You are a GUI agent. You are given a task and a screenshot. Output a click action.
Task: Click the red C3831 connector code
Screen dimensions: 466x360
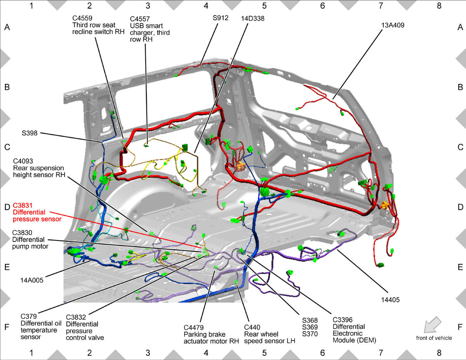click(x=23, y=205)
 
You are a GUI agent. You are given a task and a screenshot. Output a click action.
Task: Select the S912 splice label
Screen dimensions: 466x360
click(x=221, y=18)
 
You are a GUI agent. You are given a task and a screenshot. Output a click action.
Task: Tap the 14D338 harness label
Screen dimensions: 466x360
click(x=253, y=18)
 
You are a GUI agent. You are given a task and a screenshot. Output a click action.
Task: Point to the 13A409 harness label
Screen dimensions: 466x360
click(x=393, y=25)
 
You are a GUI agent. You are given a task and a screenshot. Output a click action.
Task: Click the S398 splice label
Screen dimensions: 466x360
click(x=30, y=133)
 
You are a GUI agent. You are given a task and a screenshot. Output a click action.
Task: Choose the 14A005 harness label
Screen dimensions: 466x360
click(x=32, y=280)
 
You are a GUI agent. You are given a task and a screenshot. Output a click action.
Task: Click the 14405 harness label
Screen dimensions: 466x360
click(x=390, y=300)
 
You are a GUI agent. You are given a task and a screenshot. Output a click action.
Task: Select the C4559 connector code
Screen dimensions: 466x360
click(x=82, y=18)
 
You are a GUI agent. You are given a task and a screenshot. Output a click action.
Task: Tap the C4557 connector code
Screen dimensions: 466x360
click(x=140, y=19)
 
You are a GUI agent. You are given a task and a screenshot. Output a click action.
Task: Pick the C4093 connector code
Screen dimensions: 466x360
click(x=23, y=161)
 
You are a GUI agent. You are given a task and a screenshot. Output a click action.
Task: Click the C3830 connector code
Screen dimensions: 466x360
click(x=22, y=233)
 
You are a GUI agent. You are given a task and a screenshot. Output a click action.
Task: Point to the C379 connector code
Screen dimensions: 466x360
click(x=29, y=316)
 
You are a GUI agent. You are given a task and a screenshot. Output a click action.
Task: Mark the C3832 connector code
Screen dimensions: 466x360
click(x=76, y=317)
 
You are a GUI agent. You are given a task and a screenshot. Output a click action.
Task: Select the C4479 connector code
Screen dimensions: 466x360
click(x=194, y=328)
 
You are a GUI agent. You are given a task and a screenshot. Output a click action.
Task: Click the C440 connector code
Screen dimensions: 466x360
click(x=252, y=327)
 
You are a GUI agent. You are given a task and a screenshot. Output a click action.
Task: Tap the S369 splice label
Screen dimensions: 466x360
click(x=310, y=327)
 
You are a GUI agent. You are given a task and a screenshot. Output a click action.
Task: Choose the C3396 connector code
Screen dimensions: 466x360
click(x=343, y=320)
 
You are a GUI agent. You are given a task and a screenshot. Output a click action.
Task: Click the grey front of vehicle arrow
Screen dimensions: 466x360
click(x=432, y=324)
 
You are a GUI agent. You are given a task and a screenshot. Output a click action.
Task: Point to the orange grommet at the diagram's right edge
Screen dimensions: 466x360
click(x=384, y=205)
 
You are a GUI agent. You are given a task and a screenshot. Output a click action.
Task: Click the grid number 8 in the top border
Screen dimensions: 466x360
click(x=439, y=6)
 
